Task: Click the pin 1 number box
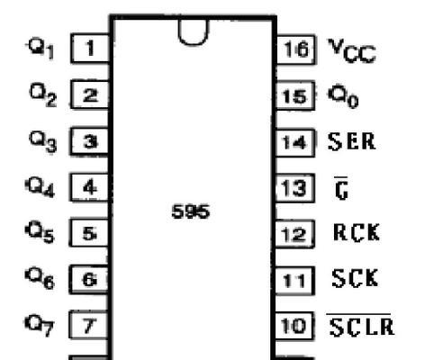91,49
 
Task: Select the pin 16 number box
295,49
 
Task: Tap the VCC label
352,50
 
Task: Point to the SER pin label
351,141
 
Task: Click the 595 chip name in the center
191,211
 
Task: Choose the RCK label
357,232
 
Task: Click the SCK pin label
355,278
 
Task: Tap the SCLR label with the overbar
360,325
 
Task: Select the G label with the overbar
341,188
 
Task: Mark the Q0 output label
343,95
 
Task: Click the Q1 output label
41,49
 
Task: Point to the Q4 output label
41,187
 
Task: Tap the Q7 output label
40,325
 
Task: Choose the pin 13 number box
295,188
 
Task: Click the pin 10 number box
294,326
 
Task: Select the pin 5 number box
89,233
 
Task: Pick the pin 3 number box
90,141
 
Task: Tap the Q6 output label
40,278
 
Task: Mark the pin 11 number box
294,281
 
